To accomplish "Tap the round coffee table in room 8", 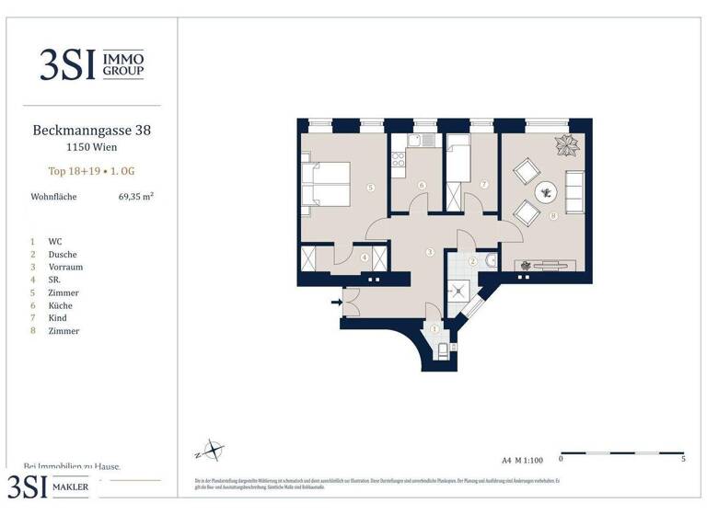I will click(547, 191).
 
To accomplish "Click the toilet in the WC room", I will click(440, 348).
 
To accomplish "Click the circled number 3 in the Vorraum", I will click(429, 251).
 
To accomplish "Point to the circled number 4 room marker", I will click(365, 258).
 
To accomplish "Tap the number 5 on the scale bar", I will click(682, 458).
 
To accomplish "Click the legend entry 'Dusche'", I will click(64, 254).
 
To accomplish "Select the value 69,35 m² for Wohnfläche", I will click(135, 196).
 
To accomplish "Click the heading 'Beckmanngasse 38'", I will click(91, 131).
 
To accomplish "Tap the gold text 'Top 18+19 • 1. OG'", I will click(91, 171).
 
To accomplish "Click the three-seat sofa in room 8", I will click(574, 190).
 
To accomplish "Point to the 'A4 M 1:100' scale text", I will click(523, 459).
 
